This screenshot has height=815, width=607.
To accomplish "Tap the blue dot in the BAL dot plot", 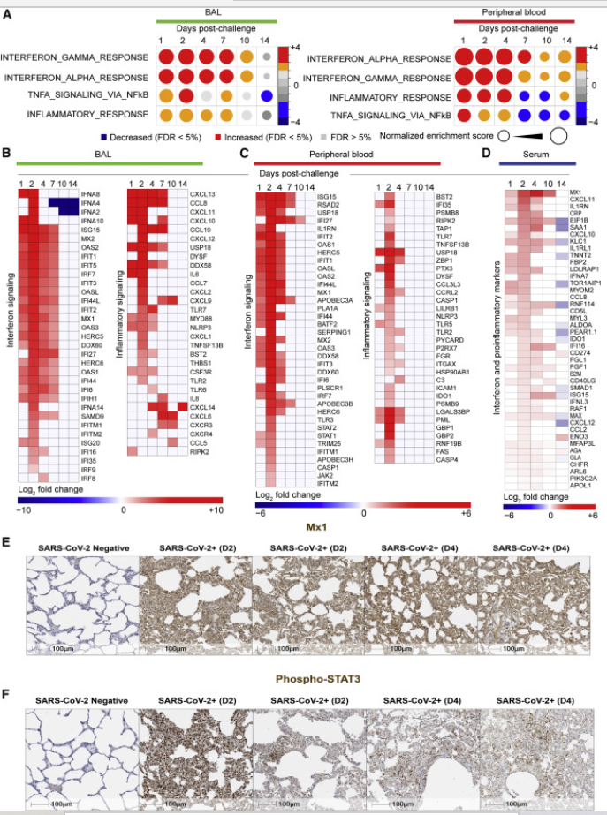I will click(266, 95).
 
